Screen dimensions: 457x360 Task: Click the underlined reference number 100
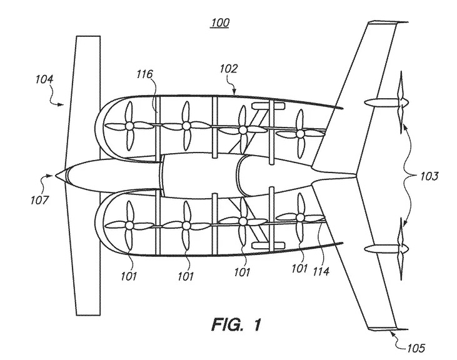220,22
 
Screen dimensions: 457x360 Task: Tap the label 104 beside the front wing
45,79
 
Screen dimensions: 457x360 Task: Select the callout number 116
145,74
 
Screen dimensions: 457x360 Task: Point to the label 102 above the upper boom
229,69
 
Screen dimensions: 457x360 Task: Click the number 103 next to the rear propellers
429,176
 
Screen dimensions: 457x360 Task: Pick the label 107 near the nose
39,200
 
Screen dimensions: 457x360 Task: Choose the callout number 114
321,271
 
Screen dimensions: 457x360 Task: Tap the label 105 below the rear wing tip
416,347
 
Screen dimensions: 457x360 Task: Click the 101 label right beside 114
299,269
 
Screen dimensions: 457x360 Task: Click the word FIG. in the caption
227,324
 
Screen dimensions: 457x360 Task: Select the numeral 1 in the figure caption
256,324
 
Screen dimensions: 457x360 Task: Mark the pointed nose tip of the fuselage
55,176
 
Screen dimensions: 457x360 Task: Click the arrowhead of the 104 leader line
61,104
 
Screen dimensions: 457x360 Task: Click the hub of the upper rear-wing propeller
403,102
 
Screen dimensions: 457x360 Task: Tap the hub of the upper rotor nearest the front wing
129,126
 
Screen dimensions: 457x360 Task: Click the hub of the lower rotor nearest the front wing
129,226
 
